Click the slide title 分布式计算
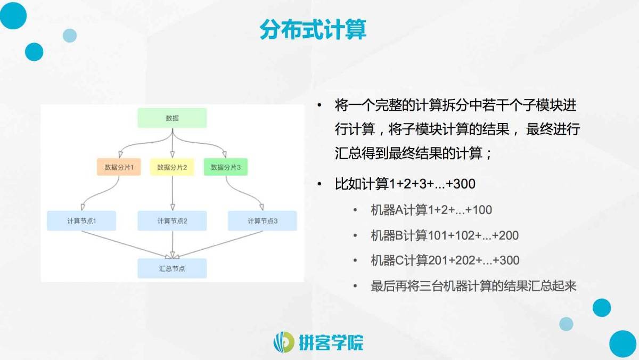coord(313,30)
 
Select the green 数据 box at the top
coord(172,118)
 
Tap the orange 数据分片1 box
coord(119,167)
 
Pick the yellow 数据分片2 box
coord(172,167)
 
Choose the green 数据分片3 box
coord(226,167)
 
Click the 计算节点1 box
coord(81,221)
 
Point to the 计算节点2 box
coord(172,221)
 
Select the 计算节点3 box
coord(263,221)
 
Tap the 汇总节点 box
coord(172,268)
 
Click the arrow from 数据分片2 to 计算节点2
coord(173,193)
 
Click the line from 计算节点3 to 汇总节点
coord(219,244)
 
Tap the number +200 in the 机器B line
coord(505,235)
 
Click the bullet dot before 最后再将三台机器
coord(355,286)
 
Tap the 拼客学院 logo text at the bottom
coord(331,342)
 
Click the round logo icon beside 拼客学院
coord(283,342)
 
